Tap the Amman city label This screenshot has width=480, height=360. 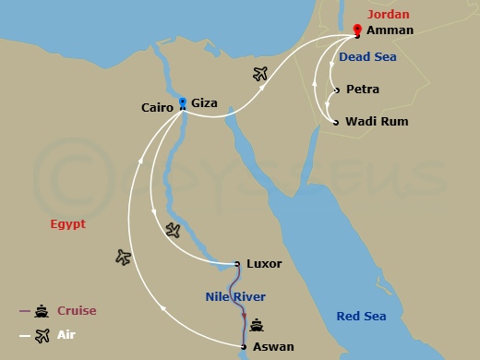[x=390, y=30]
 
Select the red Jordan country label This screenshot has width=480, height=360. [x=387, y=14]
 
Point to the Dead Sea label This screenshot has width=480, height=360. [x=367, y=56]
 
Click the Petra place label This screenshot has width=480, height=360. [x=362, y=90]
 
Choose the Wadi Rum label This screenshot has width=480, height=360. [x=376, y=122]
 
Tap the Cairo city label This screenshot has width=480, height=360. [x=156, y=106]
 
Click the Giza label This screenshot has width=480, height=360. [x=204, y=103]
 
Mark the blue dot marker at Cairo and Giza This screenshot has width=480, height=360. [x=183, y=102]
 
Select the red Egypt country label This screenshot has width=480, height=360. [x=67, y=223]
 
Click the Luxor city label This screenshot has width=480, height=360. [x=264, y=264]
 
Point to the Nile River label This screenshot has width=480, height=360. [x=234, y=296]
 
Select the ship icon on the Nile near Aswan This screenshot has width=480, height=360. [x=258, y=325]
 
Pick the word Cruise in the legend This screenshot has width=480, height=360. [x=77, y=311]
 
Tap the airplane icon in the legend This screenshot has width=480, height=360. [x=42, y=335]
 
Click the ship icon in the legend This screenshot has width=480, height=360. [x=42, y=311]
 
